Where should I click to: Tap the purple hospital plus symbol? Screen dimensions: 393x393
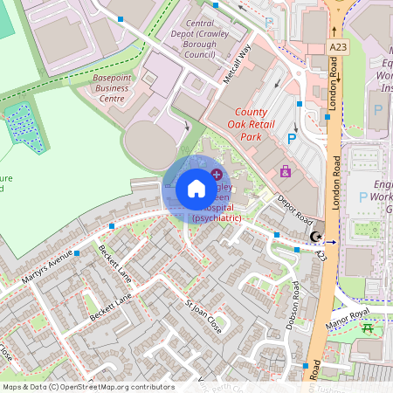(217, 176)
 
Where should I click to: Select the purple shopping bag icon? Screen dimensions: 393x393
(285, 171)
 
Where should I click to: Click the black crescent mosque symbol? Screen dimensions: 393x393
(316, 237)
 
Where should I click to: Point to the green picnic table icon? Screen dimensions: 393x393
(367, 328)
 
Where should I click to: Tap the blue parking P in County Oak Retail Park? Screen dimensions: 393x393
(293, 137)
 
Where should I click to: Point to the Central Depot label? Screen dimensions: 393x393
(201, 39)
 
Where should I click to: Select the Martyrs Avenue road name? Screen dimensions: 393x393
(48, 272)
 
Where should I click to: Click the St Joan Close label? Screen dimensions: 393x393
(203, 318)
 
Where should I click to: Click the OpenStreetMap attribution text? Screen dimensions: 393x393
(87, 387)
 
